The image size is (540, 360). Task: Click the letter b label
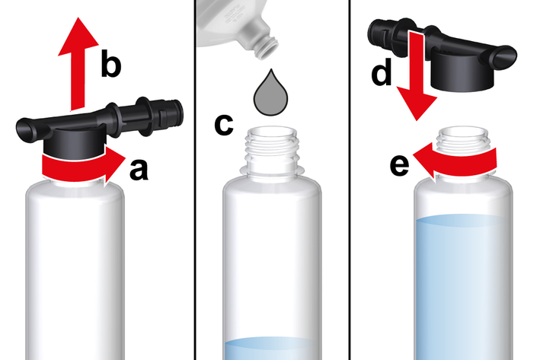[111, 63]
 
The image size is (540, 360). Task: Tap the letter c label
[223, 125]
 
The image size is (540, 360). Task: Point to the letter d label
[382, 72]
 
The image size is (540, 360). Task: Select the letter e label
[400, 166]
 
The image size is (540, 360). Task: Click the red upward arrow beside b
[78, 64]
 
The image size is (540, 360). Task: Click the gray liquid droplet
[270, 94]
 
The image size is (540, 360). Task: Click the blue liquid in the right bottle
[463, 288]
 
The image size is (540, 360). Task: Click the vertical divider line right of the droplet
[350, 180]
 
